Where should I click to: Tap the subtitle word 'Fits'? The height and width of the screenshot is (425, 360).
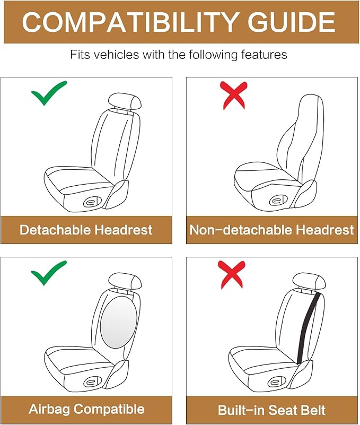(81, 55)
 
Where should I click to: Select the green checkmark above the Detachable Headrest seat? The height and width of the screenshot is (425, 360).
(48, 93)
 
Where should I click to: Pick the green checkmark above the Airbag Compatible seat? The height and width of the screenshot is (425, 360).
(48, 273)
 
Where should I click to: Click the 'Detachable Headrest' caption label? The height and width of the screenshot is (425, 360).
(86, 230)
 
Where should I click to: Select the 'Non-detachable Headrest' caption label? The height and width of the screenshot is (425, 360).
(271, 230)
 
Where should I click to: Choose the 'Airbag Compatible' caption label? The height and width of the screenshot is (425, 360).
(86, 409)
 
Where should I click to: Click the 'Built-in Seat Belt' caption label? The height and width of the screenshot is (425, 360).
(271, 409)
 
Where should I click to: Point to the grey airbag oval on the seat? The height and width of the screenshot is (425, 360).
(118, 322)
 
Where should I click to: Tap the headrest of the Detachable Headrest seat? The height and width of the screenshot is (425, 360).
(125, 101)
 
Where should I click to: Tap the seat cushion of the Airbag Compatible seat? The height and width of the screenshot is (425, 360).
(80, 357)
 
